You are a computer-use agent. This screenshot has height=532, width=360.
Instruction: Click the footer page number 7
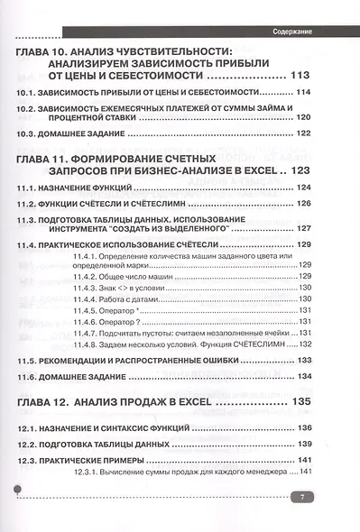304,496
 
